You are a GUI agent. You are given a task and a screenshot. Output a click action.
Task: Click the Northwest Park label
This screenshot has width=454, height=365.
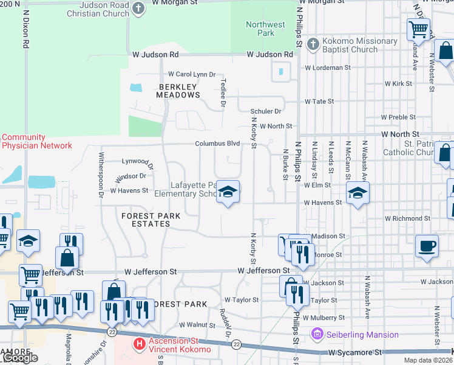265,29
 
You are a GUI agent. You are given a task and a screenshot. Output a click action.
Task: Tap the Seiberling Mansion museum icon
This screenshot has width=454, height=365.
316,334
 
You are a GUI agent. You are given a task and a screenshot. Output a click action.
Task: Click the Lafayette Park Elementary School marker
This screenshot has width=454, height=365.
228,192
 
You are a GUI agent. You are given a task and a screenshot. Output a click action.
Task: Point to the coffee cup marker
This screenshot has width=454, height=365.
427,246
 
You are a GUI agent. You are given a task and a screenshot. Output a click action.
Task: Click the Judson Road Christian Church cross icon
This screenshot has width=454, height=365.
138,9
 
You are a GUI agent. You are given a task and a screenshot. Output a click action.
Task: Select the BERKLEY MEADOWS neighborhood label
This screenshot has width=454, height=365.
178,91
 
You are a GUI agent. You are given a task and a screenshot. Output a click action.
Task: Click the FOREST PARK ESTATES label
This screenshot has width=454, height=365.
146,220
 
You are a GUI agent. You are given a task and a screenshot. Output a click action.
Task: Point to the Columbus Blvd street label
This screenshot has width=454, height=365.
217,144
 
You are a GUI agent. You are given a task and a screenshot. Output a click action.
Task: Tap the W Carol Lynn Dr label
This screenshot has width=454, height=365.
192,74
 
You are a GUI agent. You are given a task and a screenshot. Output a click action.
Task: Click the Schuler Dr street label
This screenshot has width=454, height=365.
266,111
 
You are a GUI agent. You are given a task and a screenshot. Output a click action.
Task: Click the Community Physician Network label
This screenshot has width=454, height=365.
36,142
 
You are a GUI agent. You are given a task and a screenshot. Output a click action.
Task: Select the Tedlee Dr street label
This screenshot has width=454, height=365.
223,93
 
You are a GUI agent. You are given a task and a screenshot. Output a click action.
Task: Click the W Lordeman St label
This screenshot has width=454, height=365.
328,68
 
